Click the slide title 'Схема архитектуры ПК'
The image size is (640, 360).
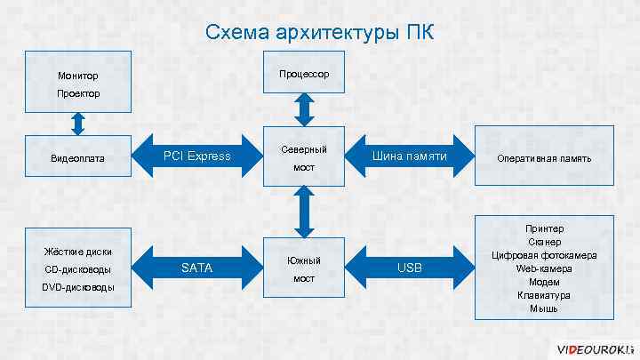(320, 33)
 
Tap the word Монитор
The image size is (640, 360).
(78, 76)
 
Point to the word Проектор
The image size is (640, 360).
(78, 93)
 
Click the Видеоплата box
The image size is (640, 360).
(78, 158)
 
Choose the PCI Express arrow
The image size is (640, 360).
(196, 156)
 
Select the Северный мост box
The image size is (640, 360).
(304, 157)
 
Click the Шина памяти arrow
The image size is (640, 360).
(409, 157)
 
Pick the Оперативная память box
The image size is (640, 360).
(544, 158)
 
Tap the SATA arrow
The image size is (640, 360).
(196, 268)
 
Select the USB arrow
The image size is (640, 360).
(409, 268)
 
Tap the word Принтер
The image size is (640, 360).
(544, 228)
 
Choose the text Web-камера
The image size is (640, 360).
(544, 268)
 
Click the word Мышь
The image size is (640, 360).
(544, 308)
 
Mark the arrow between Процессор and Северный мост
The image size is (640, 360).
(304, 109)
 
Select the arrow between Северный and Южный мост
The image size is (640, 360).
(304, 212)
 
